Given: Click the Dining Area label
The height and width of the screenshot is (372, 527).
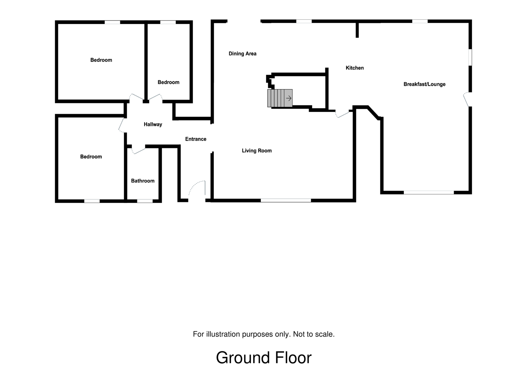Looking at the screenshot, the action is point(242,54).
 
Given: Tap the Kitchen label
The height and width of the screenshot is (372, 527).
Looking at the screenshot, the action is point(355,68).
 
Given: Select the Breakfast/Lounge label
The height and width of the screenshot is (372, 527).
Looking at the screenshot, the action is point(424,84).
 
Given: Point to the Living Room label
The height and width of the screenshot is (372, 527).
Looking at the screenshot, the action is point(257,151).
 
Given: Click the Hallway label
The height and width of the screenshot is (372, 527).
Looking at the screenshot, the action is point(153,124).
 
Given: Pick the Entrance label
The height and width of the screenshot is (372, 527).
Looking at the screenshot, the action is point(196,139).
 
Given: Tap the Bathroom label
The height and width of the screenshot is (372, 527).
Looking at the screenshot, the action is point(143,181).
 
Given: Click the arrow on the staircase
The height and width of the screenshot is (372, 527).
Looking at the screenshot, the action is point(289,98).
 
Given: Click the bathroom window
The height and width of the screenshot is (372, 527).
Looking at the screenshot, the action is point(145,201).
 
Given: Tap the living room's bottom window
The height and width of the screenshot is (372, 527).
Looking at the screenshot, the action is point(286,200).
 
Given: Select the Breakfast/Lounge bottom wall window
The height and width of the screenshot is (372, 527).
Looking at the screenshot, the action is point(429,192).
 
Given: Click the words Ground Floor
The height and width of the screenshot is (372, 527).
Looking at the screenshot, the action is point(263,358).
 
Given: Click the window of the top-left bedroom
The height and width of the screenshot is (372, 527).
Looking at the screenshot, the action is point(112,22).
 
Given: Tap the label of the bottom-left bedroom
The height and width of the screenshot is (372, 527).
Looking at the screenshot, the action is point(91,157).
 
